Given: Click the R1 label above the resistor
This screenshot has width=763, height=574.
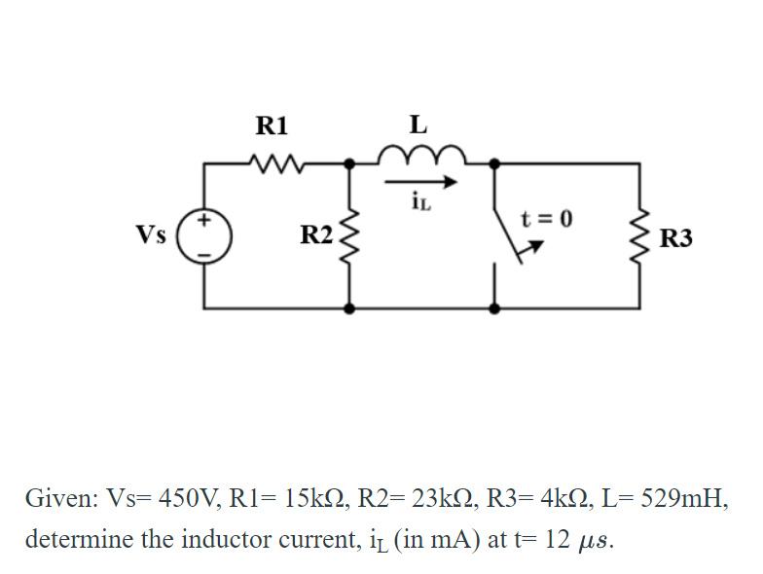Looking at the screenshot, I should click(272, 126).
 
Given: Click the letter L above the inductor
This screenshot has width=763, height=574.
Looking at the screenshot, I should click(418, 125).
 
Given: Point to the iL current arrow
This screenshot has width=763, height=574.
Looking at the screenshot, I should click(419, 182).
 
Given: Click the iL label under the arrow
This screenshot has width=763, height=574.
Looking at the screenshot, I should click(420, 203).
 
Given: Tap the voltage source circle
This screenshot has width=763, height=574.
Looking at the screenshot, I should click(205, 236).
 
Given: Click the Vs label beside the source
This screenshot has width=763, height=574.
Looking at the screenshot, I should click(151, 235).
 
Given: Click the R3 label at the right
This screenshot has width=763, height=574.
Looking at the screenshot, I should click(676, 237).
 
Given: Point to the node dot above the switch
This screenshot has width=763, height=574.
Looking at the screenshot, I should click(495, 163).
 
